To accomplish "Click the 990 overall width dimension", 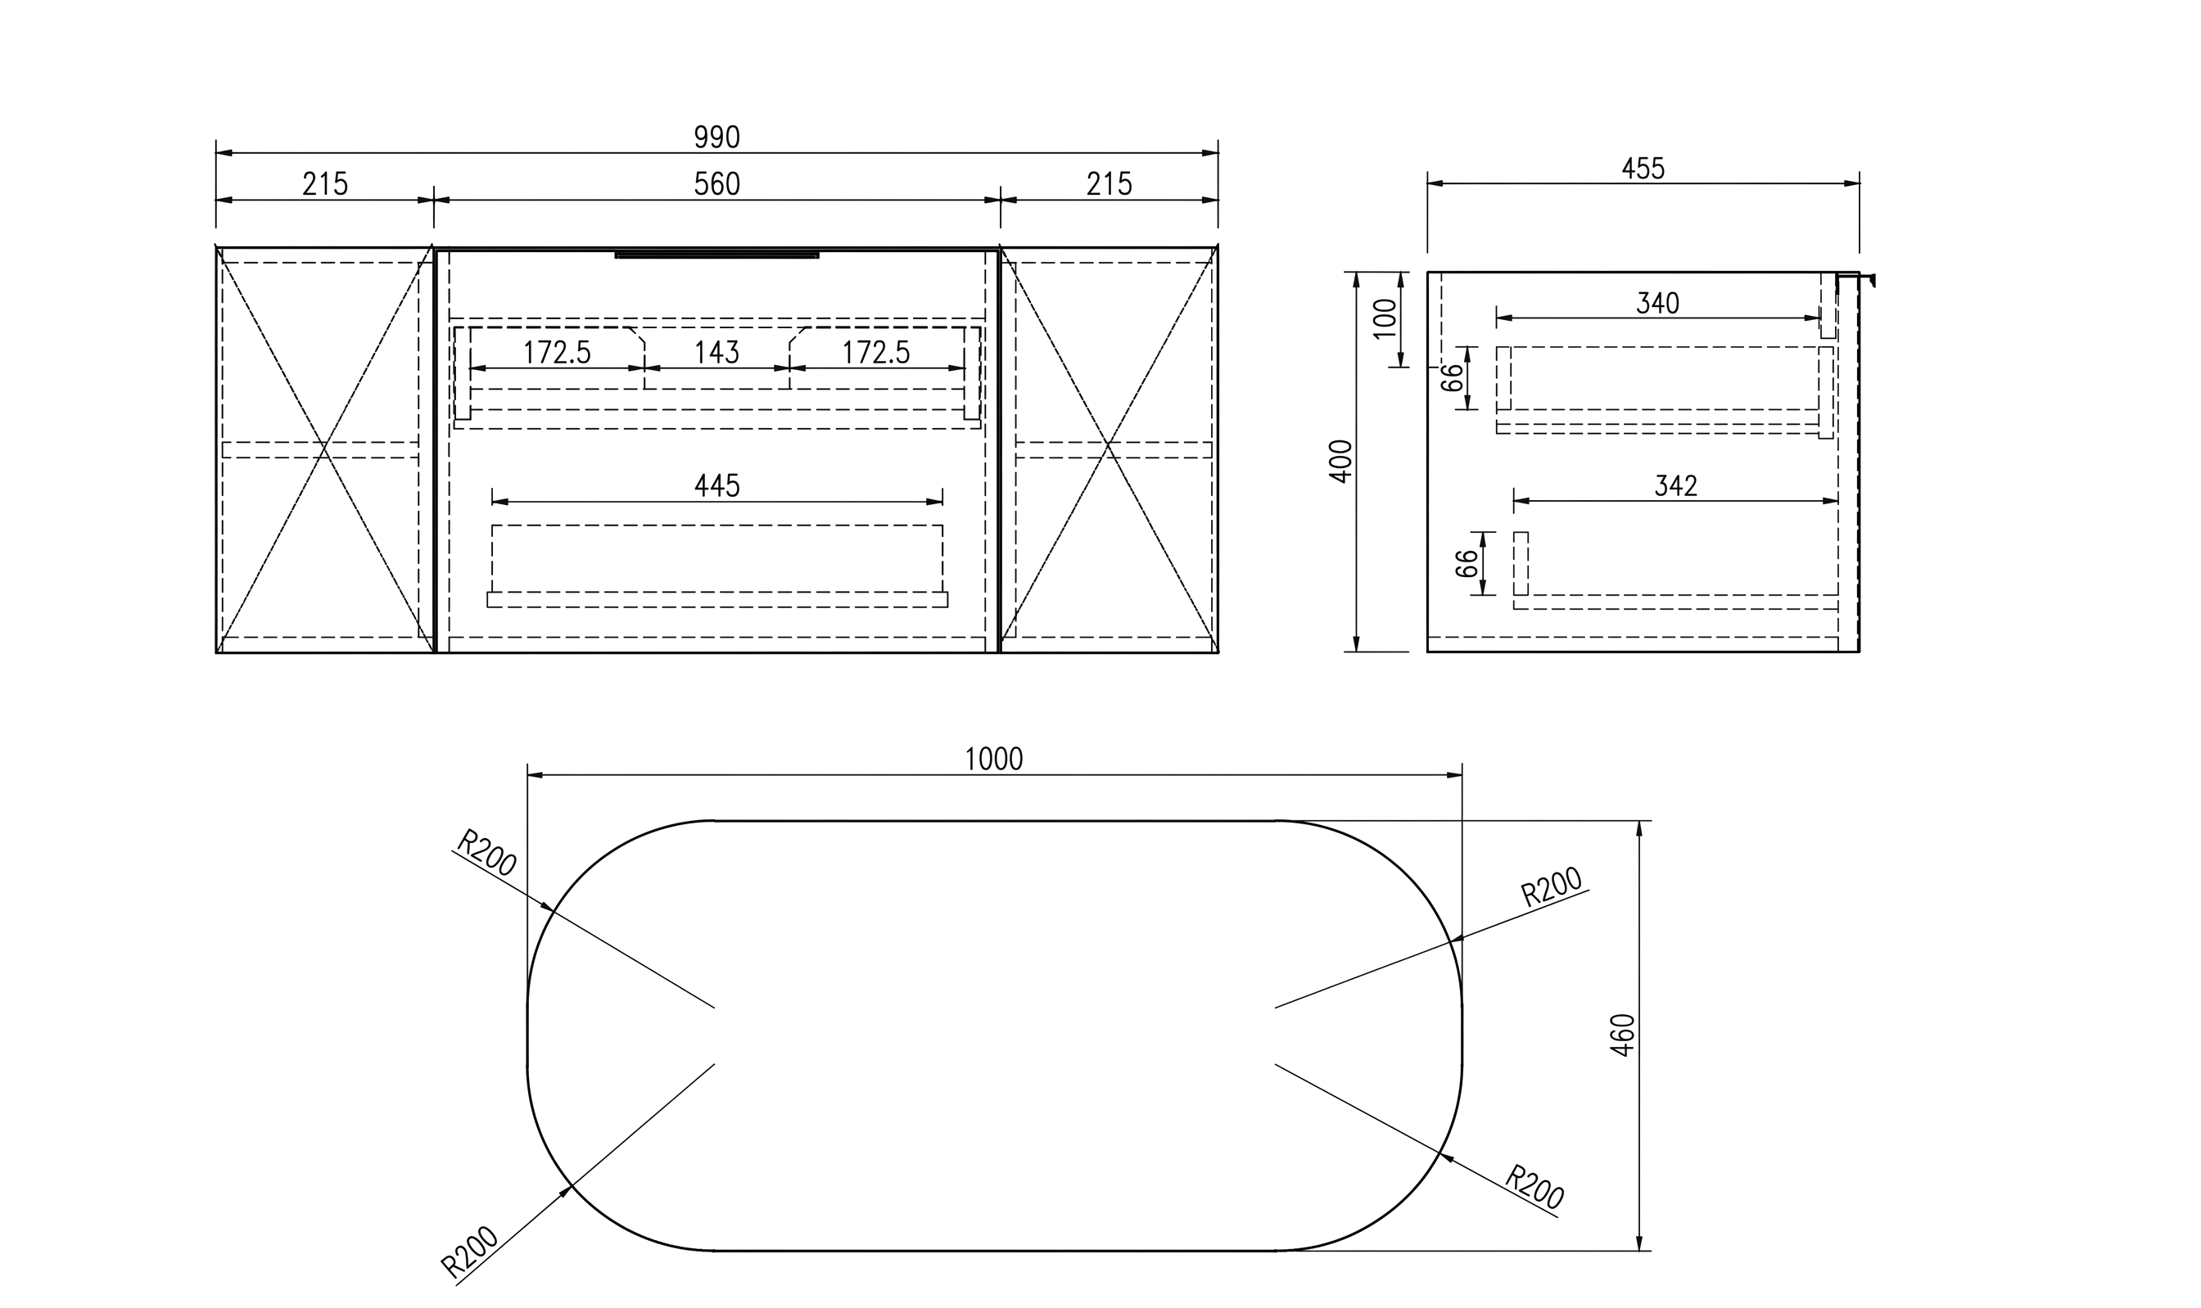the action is pyautogui.click(x=716, y=138).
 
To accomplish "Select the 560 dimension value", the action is pyautogui.click(x=716, y=184).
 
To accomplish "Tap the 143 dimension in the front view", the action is pyautogui.click(x=716, y=353).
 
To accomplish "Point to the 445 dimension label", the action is pyautogui.click(x=716, y=485).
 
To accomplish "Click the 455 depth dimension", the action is pyautogui.click(x=1643, y=169).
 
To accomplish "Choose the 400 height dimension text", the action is pyautogui.click(x=1340, y=461).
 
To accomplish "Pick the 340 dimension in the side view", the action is pyautogui.click(x=1658, y=303).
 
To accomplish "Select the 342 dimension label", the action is pyautogui.click(x=1675, y=485).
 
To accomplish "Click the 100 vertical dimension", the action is pyautogui.click(x=1385, y=318).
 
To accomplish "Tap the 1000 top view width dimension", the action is pyautogui.click(x=993, y=759).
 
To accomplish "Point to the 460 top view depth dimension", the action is pyautogui.click(x=1623, y=1035).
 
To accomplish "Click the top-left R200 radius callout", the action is pyautogui.click(x=486, y=852).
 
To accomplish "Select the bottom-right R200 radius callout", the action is pyautogui.click(x=1534, y=1187).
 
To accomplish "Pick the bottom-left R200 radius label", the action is pyautogui.click(x=470, y=1252).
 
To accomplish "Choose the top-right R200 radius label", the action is pyautogui.click(x=1552, y=887).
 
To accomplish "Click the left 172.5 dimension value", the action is pyautogui.click(x=557, y=353).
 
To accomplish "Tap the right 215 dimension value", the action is pyautogui.click(x=1109, y=184).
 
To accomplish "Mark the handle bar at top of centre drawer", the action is pyautogui.click(x=716, y=255).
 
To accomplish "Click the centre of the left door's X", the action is pyautogui.click(x=324, y=450).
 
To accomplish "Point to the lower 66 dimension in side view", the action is pyautogui.click(x=1466, y=563).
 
